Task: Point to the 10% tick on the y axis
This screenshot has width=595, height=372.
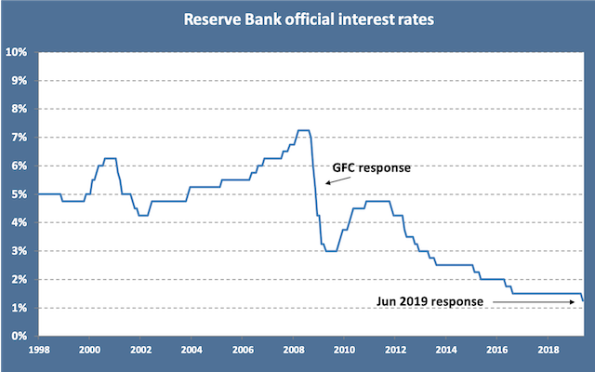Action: (x=19, y=52)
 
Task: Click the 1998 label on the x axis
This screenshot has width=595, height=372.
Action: (x=38, y=351)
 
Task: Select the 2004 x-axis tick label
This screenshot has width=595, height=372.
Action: (x=191, y=351)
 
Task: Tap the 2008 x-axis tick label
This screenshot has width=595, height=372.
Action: (x=293, y=351)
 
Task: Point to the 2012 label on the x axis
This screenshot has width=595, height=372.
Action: (x=394, y=351)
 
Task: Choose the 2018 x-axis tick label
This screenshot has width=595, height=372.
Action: (x=548, y=351)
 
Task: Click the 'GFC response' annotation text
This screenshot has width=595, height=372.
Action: (x=372, y=168)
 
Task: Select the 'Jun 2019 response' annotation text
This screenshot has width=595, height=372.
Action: (x=430, y=301)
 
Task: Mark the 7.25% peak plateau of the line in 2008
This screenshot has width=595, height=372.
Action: (x=303, y=130)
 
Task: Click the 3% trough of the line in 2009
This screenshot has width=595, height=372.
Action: (x=330, y=251)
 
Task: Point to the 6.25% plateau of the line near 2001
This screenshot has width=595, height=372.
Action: (x=110, y=159)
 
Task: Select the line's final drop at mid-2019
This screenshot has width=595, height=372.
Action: (x=583, y=297)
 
